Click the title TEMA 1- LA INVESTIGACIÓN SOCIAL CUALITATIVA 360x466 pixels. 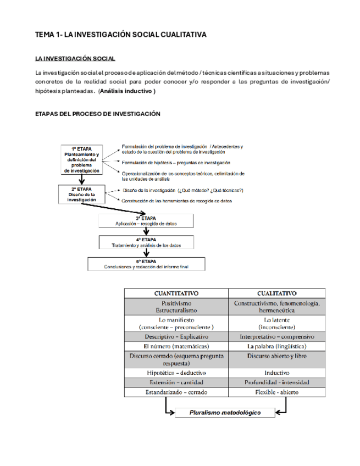[x=120, y=35]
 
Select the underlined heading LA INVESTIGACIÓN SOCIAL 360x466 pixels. [x=75, y=58]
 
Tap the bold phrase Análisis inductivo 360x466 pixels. [x=127, y=91]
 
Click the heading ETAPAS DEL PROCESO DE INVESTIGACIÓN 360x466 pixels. [x=97, y=114]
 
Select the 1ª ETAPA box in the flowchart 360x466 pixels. [x=82, y=159]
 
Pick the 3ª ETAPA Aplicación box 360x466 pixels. [x=146, y=221]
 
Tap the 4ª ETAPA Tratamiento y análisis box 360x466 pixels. [x=146, y=242]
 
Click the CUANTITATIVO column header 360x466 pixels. [x=176, y=293]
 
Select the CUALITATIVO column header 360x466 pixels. [x=276, y=293]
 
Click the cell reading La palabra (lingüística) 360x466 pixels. [x=276, y=347]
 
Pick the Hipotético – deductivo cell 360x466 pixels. [x=176, y=373]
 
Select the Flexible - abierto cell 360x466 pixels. [x=276, y=392]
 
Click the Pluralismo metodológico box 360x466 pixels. [x=225, y=413]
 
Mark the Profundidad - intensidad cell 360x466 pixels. [x=276, y=382]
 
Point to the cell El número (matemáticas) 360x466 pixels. [x=176, y=347]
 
